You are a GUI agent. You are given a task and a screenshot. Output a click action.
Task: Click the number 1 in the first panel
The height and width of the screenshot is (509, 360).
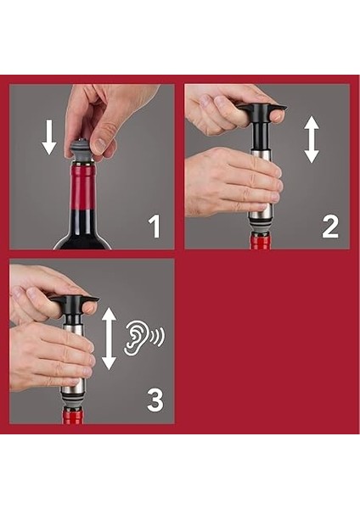pos(155,227)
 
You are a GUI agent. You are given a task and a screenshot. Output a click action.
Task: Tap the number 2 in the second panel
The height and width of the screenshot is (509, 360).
pos(330,227)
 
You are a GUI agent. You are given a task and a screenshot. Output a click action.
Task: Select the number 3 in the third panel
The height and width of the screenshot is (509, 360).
pos(155,400)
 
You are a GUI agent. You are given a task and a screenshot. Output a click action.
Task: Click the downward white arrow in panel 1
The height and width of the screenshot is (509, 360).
pos(49,137)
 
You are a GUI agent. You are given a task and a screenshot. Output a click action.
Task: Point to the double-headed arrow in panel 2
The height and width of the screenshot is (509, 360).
pos(312,139)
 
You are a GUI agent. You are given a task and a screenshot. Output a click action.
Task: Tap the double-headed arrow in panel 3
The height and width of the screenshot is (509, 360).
pos(109,338)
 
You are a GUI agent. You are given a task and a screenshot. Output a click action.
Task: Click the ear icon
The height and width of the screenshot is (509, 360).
pos(135,337)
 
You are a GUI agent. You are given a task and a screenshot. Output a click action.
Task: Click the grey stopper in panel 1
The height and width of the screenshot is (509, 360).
pos(82,149)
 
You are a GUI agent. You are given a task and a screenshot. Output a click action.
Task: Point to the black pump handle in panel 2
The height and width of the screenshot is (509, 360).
pos(262,126)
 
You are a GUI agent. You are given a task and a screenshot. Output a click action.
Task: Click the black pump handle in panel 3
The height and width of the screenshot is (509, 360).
pos(75,310)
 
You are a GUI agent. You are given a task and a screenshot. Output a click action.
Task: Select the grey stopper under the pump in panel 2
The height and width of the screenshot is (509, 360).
pos(262,227)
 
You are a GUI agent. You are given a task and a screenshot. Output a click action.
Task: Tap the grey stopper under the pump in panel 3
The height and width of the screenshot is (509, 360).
pos(73,399)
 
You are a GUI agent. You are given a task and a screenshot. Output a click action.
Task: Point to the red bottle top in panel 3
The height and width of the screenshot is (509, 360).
pos(72,416)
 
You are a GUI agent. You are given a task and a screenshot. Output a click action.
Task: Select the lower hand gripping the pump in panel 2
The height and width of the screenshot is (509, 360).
pos(233,182)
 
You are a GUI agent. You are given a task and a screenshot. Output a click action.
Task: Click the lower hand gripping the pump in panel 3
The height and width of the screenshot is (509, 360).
pos(52,357)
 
